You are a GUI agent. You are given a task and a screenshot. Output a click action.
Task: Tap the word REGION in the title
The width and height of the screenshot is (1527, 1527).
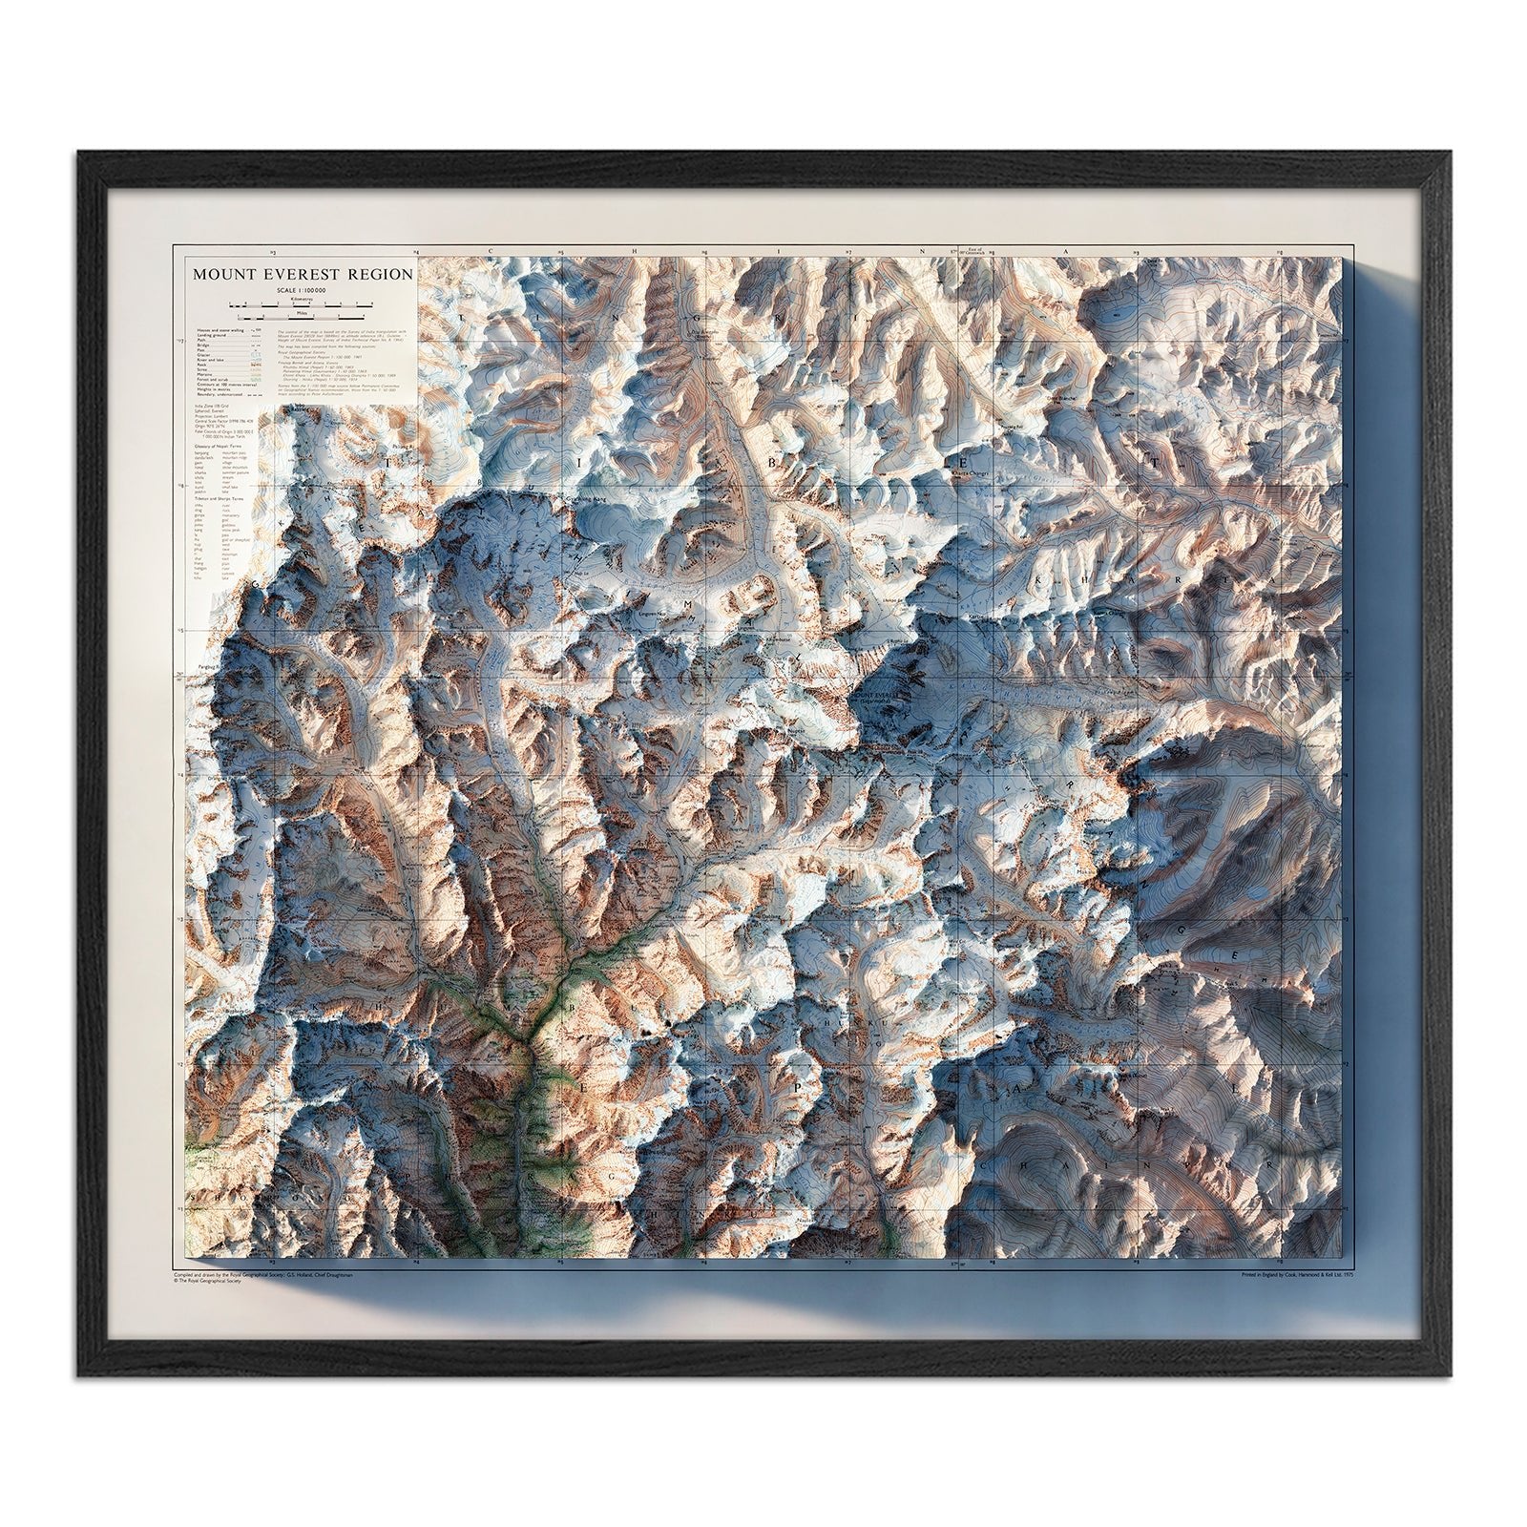click(x=380, y=274)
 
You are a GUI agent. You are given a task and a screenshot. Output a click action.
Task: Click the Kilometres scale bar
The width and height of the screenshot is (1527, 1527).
click(x=301, y=306)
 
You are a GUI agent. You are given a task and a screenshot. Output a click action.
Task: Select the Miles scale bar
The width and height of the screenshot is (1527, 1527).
click(x=301, y=319)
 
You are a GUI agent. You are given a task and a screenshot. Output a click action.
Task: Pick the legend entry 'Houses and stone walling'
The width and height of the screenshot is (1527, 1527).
click(x=220, y=330)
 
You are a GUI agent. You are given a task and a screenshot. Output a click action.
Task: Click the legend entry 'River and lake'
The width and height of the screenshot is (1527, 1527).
click(x=210, y=360)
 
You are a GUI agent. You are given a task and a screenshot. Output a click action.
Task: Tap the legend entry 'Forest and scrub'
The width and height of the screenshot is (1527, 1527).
click(x=213, y=380)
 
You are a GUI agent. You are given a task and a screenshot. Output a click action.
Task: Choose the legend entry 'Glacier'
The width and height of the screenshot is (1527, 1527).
click(x=203, y=355)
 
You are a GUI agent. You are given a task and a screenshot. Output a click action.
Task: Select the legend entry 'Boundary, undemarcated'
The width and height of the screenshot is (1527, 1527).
click(x=220, y=394)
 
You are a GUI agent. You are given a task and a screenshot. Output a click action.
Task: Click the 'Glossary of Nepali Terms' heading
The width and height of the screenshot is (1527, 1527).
click(x=218, y=447)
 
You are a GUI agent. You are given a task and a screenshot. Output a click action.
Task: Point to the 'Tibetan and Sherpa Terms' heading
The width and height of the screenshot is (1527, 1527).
click(x=220, y=498)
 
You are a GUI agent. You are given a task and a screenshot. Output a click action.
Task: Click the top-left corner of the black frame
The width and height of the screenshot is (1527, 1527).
click(x=80, y=153)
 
